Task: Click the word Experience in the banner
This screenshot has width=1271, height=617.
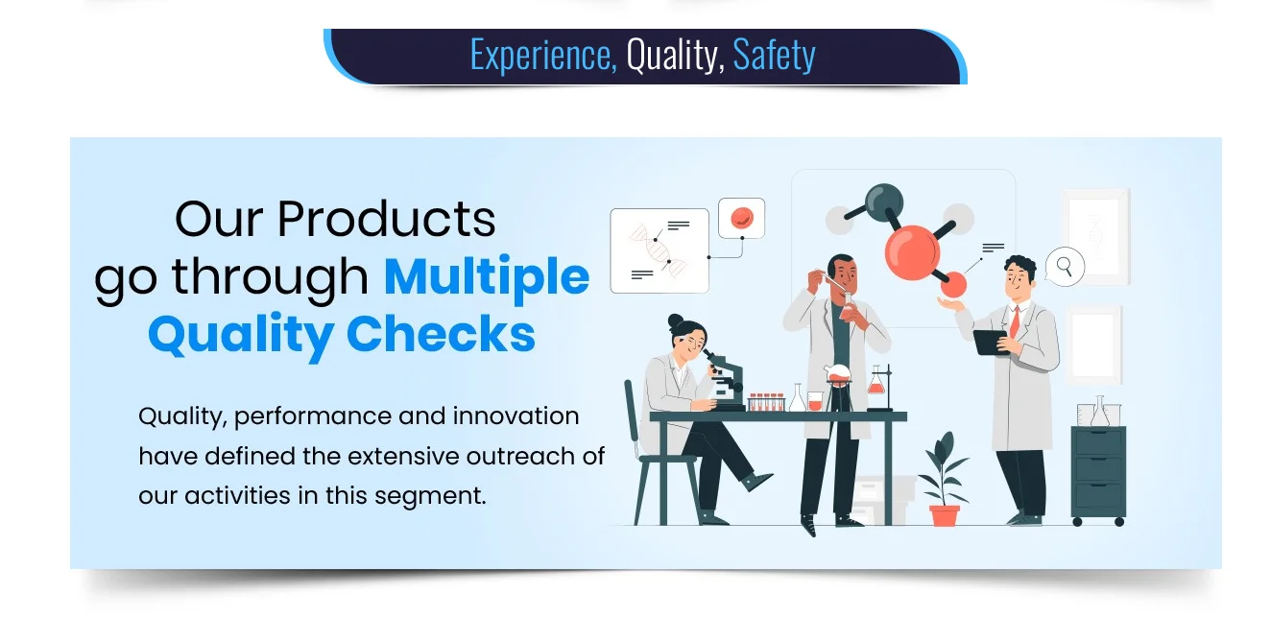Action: click(543, 56)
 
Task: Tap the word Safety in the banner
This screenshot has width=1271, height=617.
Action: click(774, 56)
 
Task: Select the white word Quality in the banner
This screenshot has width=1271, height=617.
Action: click(675, 56)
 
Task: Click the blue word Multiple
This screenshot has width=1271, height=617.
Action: click(487, 277)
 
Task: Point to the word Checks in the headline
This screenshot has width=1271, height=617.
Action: click(441, 334)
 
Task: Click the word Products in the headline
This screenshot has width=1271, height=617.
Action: click(387, 219)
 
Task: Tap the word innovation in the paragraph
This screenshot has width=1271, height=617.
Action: click(516, 415)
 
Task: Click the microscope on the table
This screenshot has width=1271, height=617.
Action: click(725, 379)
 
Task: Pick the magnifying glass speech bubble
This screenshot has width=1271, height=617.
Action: click(1065, 267)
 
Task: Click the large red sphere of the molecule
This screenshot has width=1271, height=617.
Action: click(912, 252)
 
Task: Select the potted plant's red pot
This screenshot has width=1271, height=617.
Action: click(944, 515)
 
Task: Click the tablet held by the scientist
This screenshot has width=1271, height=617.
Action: click(991, 342)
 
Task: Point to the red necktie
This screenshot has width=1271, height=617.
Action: click(1014, 322)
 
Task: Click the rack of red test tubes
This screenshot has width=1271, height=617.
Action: click(766, 401)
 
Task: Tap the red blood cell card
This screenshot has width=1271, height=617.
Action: click(742, 218)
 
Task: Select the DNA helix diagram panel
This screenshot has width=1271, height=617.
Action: click(659, 250)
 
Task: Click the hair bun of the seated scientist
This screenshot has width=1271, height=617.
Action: click(676, 321)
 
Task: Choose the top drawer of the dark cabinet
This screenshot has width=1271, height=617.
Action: click(1098, 441)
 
